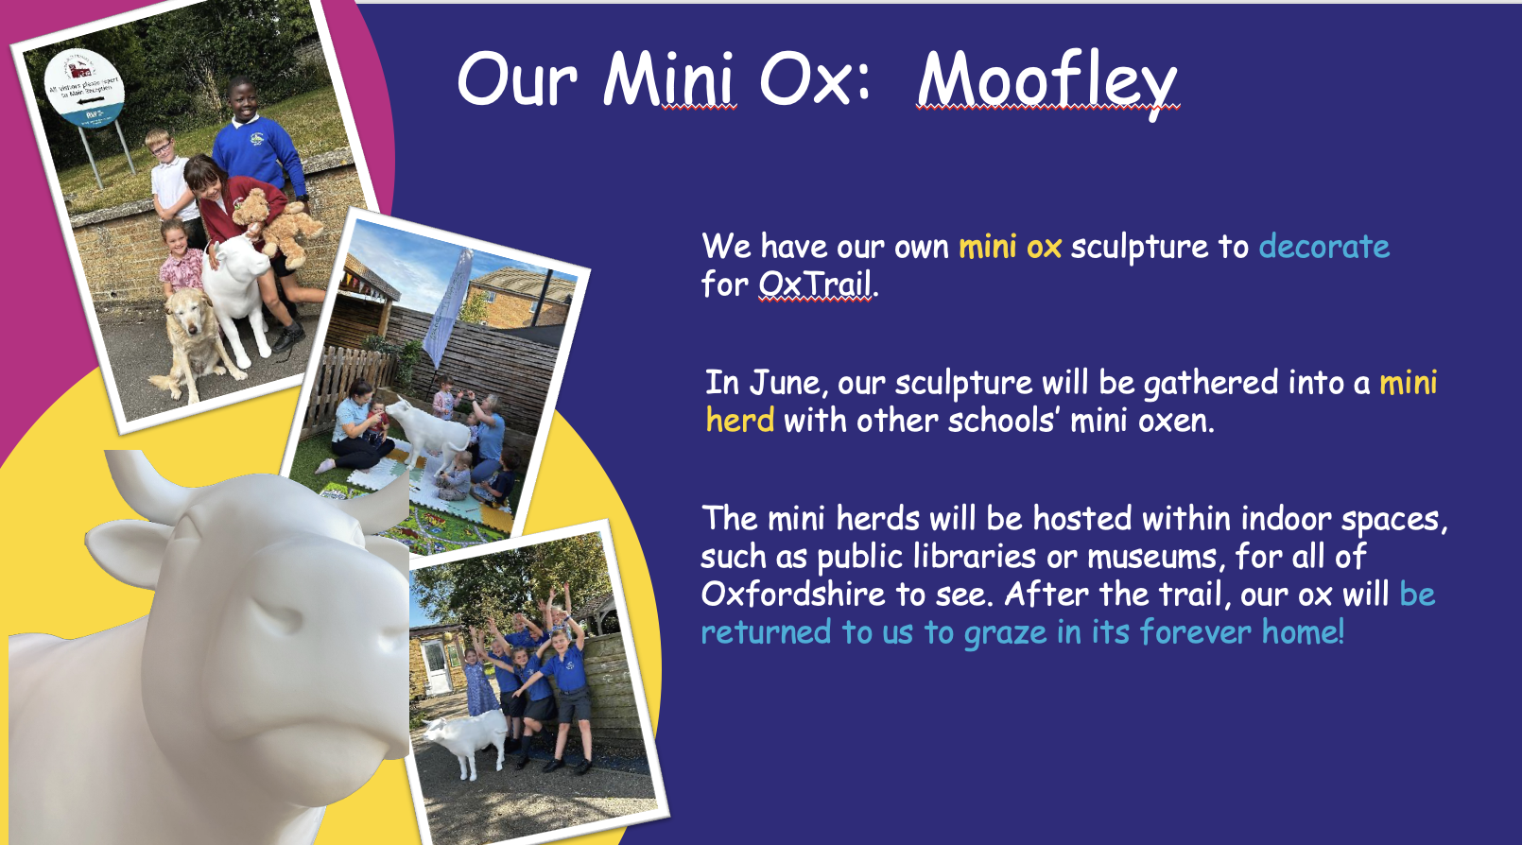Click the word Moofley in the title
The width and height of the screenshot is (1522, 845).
[1047, 82]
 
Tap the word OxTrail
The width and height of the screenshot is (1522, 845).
[815, 284]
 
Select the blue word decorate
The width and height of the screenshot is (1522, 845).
[1324, 246]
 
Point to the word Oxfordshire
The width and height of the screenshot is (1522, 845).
[793, 594]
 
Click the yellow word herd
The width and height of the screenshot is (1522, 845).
[740, 420]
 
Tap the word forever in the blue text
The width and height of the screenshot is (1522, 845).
[1195, 631]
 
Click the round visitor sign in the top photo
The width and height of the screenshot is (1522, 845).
[84, 88]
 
